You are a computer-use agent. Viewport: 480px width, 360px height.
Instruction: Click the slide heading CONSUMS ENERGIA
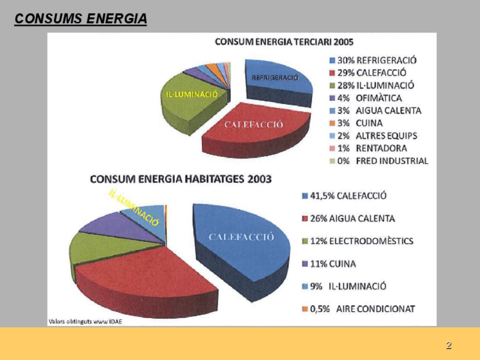pos(80,19)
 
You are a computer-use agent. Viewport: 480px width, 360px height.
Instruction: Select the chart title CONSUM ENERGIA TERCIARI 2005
pos(284,41)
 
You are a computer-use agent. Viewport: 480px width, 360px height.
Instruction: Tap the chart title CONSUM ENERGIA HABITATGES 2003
pos(181,179)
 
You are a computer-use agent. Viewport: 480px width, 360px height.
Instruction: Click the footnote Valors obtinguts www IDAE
pos(85,321)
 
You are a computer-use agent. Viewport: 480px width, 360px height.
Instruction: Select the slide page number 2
pos(448,345)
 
